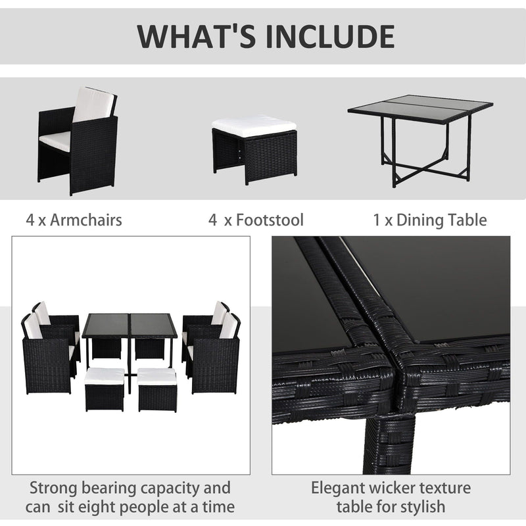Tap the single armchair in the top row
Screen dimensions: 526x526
coord(78,141)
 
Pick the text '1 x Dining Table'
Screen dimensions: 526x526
coord(429,220)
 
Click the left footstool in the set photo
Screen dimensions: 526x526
coord(104,389)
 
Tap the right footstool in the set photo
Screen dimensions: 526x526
coord(157,389)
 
